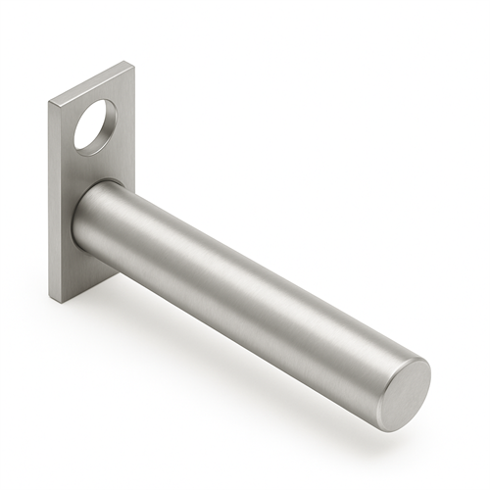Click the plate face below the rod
click(83, 274)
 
